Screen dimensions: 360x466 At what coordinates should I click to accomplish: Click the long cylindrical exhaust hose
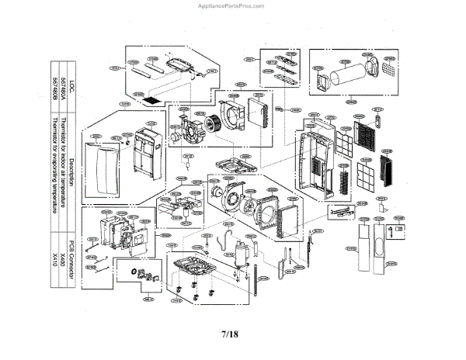tap(347, 77)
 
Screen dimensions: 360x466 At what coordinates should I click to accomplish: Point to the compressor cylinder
tap(240, 253)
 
